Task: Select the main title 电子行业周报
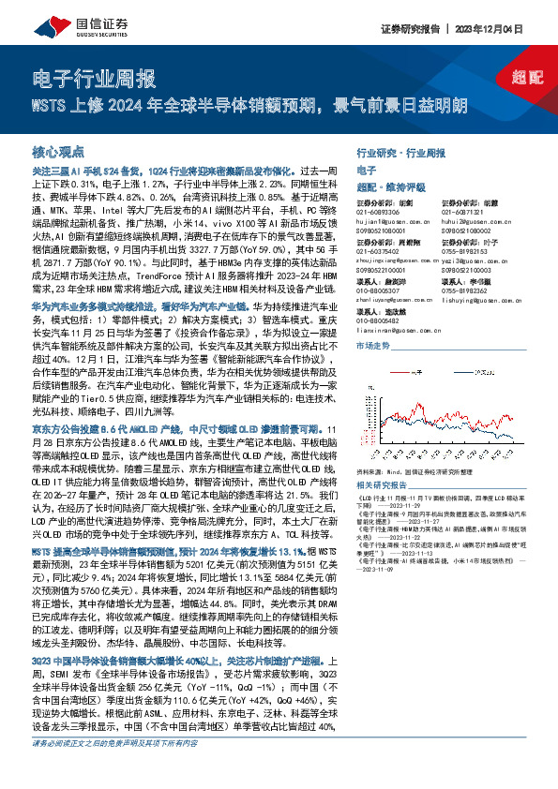point(93,77)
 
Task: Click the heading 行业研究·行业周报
point(402,151)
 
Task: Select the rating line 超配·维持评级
point(385,186)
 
